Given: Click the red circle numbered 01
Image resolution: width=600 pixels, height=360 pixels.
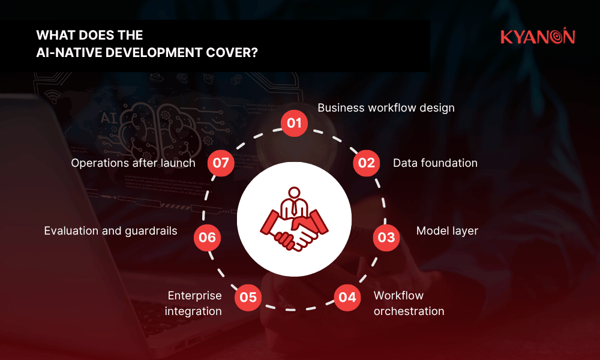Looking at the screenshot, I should point(294,124).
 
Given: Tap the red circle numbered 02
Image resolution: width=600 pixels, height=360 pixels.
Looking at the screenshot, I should point(367,163).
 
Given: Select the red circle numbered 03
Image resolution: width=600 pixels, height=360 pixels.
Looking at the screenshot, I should point(386,238).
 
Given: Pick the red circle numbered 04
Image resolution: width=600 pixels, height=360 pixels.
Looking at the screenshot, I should point(347,297).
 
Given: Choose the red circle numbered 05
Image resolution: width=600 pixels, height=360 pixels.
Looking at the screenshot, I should point(248,297).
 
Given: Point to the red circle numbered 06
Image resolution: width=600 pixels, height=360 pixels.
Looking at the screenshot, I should point(207,238).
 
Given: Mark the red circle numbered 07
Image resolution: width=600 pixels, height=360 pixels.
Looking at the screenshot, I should point(221,163).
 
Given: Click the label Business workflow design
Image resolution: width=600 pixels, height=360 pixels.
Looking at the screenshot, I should point(386,108).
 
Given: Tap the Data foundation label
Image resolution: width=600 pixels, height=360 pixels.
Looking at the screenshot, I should point(435,163).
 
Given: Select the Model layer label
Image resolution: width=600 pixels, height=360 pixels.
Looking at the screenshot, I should point(447,231).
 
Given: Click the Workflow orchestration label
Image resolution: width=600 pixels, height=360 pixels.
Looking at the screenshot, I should point(409,303).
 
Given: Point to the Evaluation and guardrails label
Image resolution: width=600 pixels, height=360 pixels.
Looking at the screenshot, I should point(110,231).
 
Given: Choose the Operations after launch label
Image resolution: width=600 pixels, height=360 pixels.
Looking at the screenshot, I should point(133,163).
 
